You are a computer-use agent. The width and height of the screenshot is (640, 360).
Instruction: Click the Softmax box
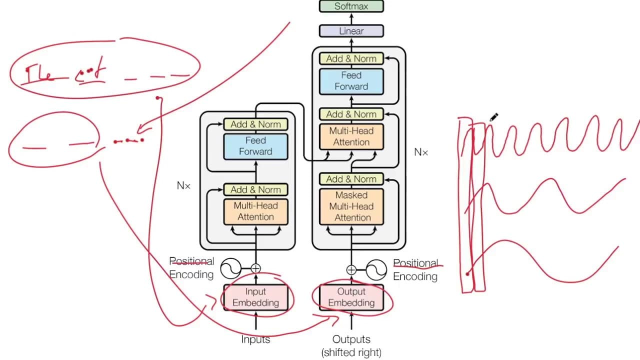click(x=351, y=6)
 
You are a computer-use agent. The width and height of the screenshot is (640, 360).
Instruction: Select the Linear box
click(x=351, y=31)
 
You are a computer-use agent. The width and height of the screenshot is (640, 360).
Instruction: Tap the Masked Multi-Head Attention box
click(x=351, y=206)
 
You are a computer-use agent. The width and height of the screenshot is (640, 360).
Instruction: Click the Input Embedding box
click(x=255, y=297)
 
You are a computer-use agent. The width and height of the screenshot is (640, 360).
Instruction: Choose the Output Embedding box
click(x=351, y=297)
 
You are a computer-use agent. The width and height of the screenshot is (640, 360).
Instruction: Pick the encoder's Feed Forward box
click(x=255, y=146)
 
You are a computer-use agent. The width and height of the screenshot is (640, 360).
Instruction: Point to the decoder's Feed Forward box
click(x=351, y=81)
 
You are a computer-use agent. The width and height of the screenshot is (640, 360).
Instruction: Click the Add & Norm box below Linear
click(x=351, y=58)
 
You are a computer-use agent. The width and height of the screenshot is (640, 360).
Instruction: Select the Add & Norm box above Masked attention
click(x=351, y=179)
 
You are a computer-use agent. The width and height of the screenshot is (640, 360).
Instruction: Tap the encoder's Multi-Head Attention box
click(x=255, y=211)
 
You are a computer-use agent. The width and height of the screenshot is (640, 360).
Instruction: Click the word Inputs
click(x=255, y=339)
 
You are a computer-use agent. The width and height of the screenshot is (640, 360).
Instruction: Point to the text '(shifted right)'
click(x=351, y=352)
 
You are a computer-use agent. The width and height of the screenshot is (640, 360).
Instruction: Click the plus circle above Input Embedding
click(x=255, y=268)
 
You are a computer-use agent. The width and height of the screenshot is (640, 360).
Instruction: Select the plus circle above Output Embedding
click(x=351, y=270)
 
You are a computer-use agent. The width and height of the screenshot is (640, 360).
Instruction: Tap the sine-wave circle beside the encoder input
click(x=231, y=268)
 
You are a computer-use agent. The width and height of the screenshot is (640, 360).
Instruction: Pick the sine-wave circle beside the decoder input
click(x=376, y=270)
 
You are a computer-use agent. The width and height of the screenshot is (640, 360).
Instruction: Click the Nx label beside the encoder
click(x=184, y=185)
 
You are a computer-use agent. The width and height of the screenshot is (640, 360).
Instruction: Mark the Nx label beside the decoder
click(x=421, y=152)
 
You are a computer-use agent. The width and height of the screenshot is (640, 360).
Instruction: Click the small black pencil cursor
click(x=493, y=117)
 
